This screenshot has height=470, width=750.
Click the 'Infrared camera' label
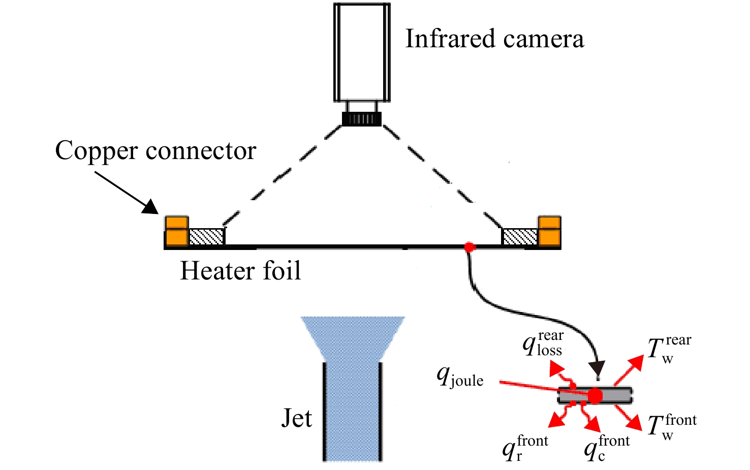click(x=494, y=39)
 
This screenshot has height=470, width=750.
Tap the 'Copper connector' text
click(x=155, y=150)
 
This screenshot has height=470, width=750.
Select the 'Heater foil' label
click(x=240, y=270)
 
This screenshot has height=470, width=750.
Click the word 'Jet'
click(x=297, y=418)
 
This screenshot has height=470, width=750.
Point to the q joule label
click(x=460, y=377)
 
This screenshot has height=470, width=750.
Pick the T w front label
click(x=672, y=427)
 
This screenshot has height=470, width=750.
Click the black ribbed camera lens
click(x=362, y=119)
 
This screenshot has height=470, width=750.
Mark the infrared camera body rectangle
click(x=362, y=52)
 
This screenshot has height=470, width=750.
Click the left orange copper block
click(x=176, y=231)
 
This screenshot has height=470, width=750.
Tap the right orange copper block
click(x=549, y=231)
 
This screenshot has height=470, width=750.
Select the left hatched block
click(x=206, y=237)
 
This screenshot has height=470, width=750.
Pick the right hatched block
click(x=520, y=237)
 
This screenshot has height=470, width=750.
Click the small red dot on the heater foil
click(x=470, y=247)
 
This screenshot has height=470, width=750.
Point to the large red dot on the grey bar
click(x=595, y=396)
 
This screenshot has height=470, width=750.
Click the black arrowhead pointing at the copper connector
click(x=150, y=207)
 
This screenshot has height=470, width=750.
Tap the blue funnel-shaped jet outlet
click(x=353, y=339)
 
